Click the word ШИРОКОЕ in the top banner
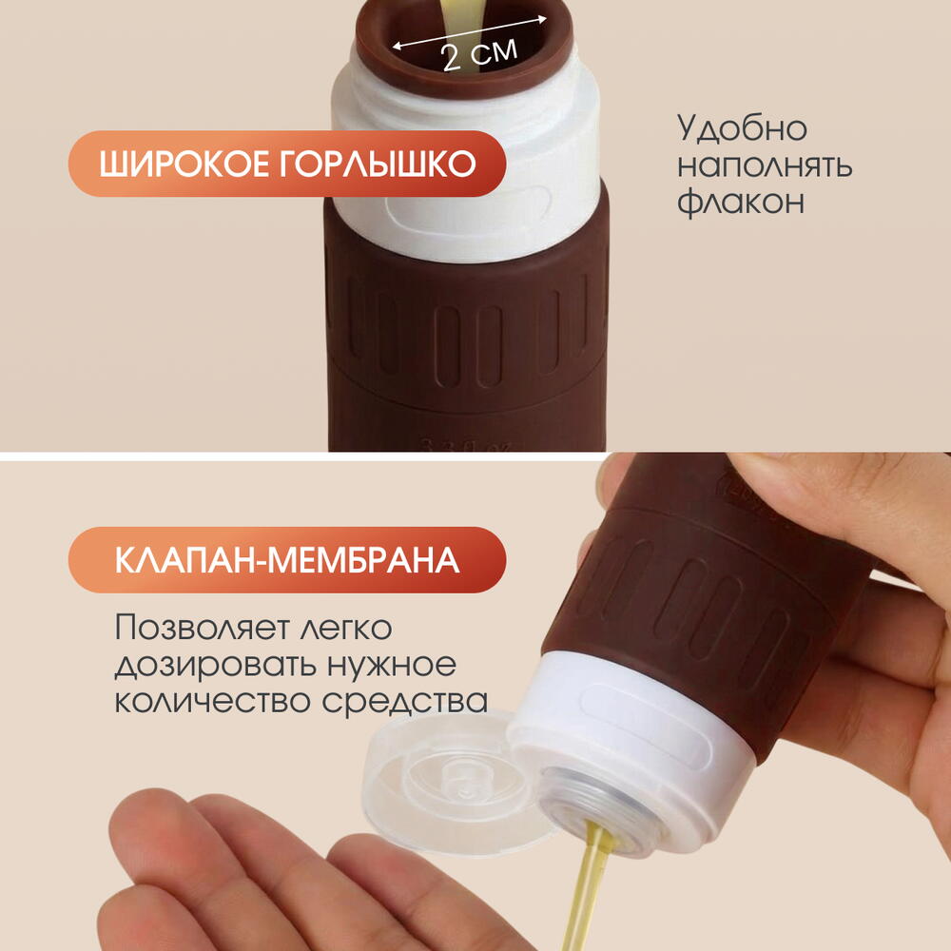(x=184, y=164)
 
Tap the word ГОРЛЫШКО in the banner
(x=378, y=164)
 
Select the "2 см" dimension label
(x=479, y=54)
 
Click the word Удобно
(x=742, y=127)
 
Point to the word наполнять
(x=765, y=165)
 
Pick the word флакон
(x=741, y=202)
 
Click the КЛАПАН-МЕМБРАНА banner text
(x=287, y=560)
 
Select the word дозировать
(x=215, y=665)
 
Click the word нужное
(x=392, y=665)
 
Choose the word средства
(x=404, y=701)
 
